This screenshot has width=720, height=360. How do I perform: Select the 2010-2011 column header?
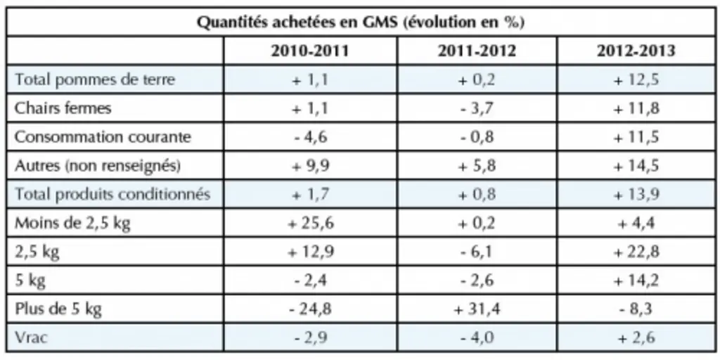[310, 51]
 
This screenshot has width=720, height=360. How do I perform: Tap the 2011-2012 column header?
[477, 51]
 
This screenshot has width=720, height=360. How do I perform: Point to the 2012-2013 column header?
[636, 51]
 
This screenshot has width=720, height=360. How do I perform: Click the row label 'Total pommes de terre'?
[95, 79]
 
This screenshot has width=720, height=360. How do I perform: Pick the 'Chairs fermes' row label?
[63, 108]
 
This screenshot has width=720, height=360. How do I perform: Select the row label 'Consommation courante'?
[103, 137]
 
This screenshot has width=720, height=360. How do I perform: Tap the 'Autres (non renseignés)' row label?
[97, 166]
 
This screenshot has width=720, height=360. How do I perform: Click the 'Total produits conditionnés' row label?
[112, 194]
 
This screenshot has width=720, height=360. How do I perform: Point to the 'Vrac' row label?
[31, 338]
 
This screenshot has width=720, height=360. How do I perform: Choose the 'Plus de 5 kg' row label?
[58, 309]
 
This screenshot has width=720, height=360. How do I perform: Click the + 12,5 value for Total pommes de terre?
[636, 80]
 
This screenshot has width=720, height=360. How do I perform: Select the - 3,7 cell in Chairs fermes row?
[477, 109]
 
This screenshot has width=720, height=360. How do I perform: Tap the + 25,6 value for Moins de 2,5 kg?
[310, 224]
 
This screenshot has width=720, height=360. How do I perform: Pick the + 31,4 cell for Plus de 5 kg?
[477, 310]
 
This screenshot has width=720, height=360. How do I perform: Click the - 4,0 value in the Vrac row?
[477, 339]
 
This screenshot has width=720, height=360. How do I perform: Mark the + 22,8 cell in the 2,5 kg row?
[636, 252]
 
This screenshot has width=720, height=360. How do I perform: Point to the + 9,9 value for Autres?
[310, 166]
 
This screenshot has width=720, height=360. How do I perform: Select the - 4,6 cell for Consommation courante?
[310, 137]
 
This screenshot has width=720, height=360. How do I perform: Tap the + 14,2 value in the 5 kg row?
[636, 281]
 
